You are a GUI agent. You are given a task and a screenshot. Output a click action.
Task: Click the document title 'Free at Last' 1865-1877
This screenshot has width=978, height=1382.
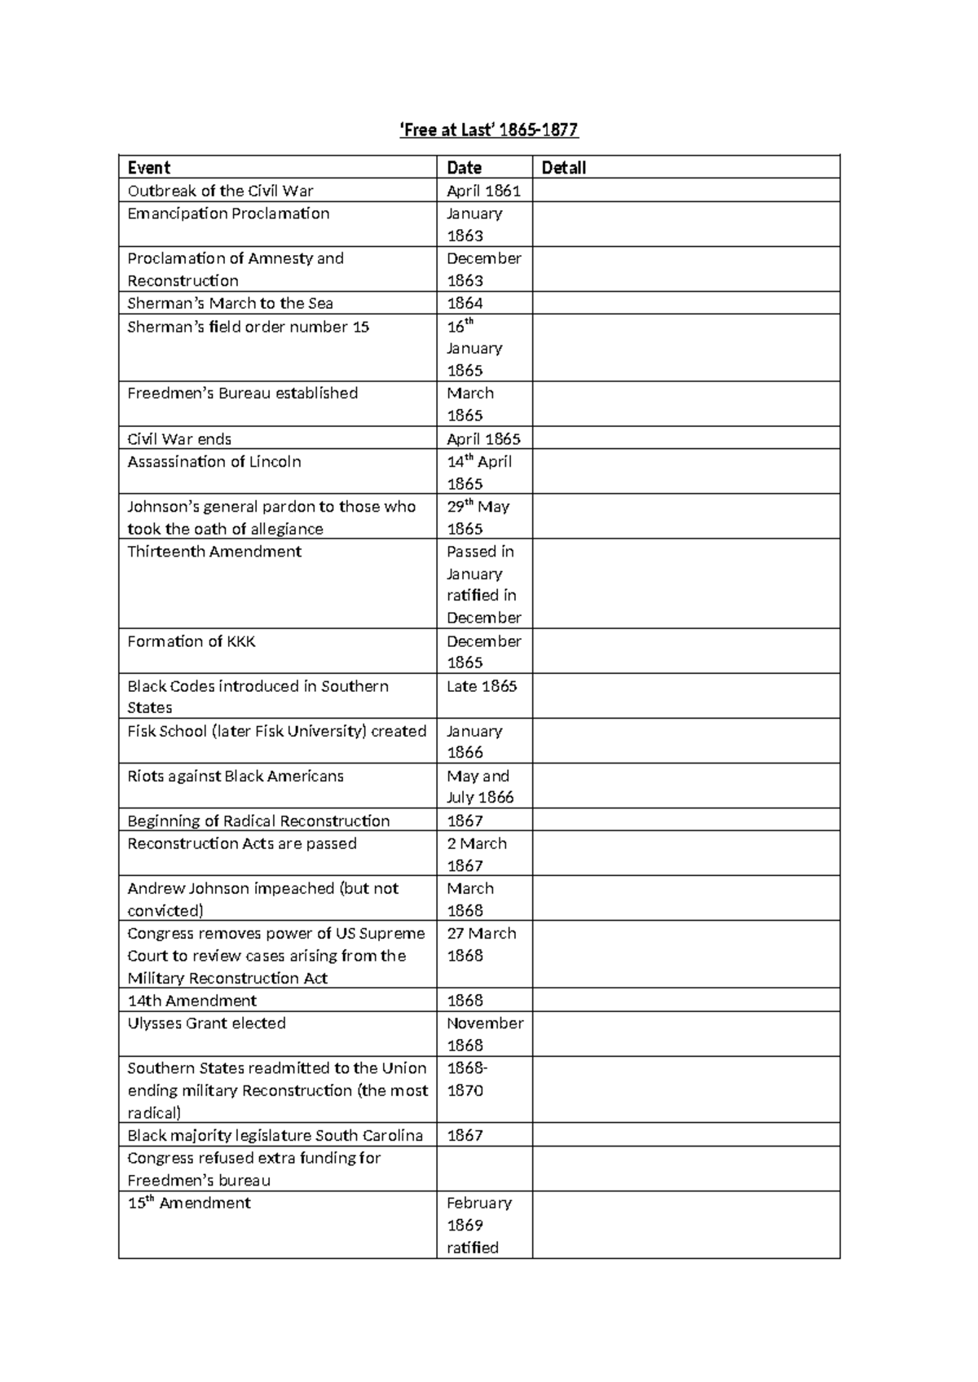[x=489, y=130]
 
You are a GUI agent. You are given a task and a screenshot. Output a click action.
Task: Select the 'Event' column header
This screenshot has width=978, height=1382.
[x=149, y=168]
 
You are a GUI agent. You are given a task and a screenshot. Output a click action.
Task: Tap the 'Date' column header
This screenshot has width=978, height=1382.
[x=464, y=168]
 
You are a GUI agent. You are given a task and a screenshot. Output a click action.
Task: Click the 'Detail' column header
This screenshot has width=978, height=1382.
[x=564, y=168]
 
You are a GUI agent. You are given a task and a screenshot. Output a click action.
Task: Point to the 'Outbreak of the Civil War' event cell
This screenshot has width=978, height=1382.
[x=220, y=191]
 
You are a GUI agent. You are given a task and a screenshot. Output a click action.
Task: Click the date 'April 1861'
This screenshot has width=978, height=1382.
[x=483, y=191]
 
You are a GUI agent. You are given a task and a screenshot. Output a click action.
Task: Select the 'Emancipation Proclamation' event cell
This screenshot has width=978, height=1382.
[x=228, y=213]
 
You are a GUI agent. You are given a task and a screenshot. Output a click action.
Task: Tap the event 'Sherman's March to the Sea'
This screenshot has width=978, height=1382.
[x=230, y=303]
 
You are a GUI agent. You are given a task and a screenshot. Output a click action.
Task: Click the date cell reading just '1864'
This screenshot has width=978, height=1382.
[x=465, y=303]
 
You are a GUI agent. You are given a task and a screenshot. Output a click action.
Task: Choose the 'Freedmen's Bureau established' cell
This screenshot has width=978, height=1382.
[x=242, y=393]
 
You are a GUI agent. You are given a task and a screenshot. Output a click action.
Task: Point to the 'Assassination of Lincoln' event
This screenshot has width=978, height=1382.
[x=214, y=462]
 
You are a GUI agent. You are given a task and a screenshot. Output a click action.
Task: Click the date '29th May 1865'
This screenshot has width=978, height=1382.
[x=478, y=517]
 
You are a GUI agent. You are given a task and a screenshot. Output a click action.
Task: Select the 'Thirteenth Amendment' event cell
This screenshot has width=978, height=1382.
[x=214, y=552]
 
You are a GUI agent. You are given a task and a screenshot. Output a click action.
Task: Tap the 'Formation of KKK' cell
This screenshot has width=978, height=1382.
[x=192, y=641]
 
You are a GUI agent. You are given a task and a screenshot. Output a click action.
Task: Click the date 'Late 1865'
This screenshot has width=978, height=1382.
[x=482, y=686]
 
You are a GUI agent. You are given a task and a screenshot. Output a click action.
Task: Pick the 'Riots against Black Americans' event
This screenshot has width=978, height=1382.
[x=236, y=776]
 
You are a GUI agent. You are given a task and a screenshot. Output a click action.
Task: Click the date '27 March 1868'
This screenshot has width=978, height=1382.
[x=481, y=944]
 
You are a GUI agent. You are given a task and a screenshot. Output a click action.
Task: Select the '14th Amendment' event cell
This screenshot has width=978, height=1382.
[x=192, y=1001]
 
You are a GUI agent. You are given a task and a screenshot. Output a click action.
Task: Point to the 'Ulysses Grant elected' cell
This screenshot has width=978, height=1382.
[x=206, y=1023]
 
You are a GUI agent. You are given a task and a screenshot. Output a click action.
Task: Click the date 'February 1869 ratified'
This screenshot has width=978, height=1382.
[x=479, y=1225]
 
